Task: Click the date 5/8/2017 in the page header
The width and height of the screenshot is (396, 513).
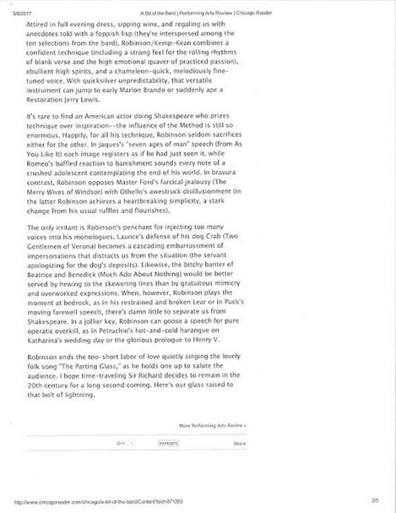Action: (x=15, y=5)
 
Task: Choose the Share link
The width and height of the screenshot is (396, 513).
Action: (x=240, y=444)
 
